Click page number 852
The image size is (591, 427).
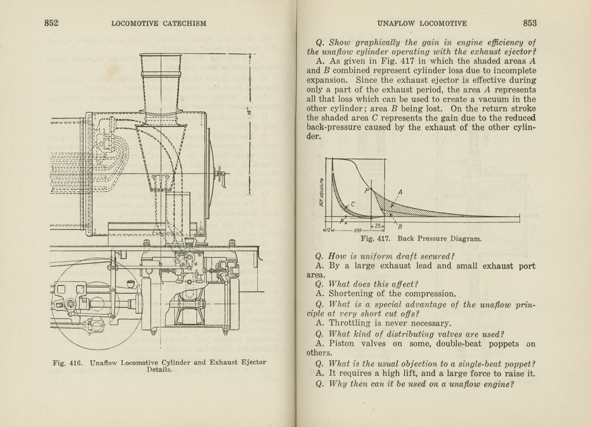51,23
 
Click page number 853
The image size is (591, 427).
529,23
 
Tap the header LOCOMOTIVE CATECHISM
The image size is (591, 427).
159,24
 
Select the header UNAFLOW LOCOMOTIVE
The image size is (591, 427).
422,24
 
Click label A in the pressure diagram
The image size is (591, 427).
399,192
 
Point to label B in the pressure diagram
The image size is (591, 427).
400,227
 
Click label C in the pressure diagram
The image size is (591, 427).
353,204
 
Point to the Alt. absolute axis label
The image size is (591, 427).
321,192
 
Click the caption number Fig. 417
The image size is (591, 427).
375,239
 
